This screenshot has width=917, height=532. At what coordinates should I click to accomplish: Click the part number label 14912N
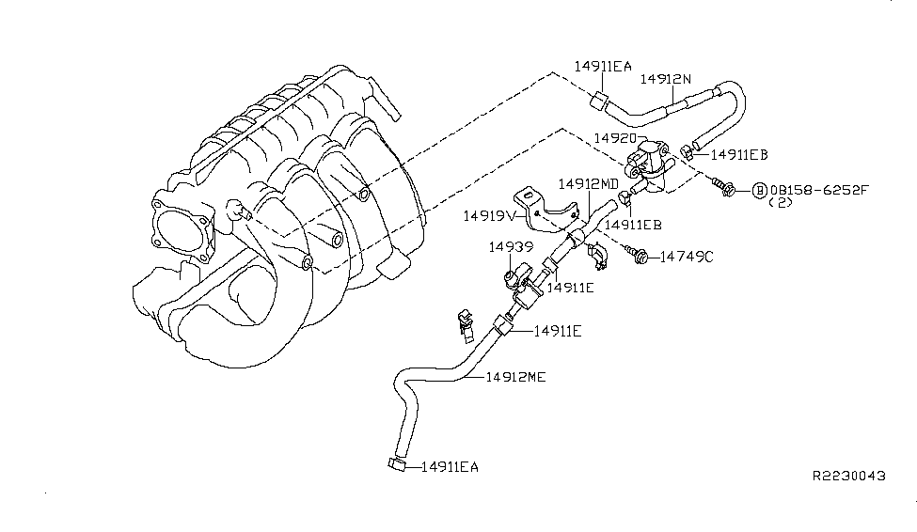(665, 80)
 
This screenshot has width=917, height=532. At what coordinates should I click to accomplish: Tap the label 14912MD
(588, 184)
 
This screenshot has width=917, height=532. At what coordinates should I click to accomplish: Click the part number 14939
(511, 247)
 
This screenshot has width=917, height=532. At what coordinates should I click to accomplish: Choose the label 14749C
(686, 256)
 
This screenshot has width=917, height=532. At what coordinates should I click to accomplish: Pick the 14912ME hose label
(516, 377)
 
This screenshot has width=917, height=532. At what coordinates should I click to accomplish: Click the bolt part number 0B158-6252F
(819, 191)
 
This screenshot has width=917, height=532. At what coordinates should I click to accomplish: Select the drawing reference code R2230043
(848, 477)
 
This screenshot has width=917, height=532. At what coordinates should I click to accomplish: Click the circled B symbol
(758, 191)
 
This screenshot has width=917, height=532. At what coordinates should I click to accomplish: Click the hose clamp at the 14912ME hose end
(392, 463)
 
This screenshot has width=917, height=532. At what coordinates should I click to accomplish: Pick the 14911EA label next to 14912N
(603, 66)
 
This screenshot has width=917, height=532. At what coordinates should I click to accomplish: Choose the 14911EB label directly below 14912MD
(633, 226)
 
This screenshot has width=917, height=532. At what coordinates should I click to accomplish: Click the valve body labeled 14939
(520, 278)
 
